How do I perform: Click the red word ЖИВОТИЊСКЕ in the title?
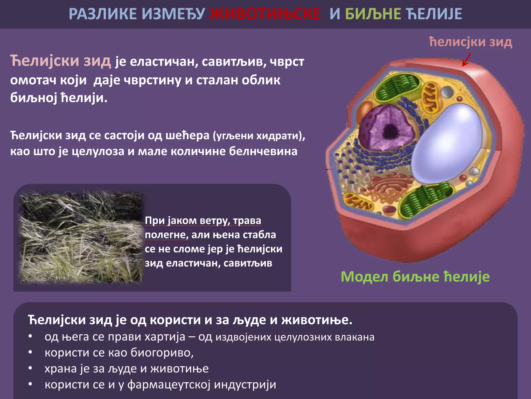(x=265, y=14)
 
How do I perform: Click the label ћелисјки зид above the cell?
(x=470, y=42)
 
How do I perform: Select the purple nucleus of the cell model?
(x=386, y=127)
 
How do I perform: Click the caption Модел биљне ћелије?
(x=415, y=276)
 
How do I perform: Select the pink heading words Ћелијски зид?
(x=60, y=61)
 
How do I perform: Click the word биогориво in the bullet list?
(x=162, y=353)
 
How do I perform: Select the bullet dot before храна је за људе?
(x=30, y=368)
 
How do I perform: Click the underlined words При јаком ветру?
(x=187, y=221)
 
